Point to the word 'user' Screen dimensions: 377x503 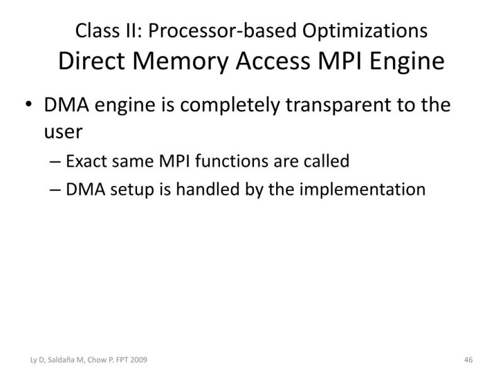click(64, 133)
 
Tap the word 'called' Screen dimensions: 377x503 click(326, 161)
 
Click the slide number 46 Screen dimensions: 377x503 click(468, 359)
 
